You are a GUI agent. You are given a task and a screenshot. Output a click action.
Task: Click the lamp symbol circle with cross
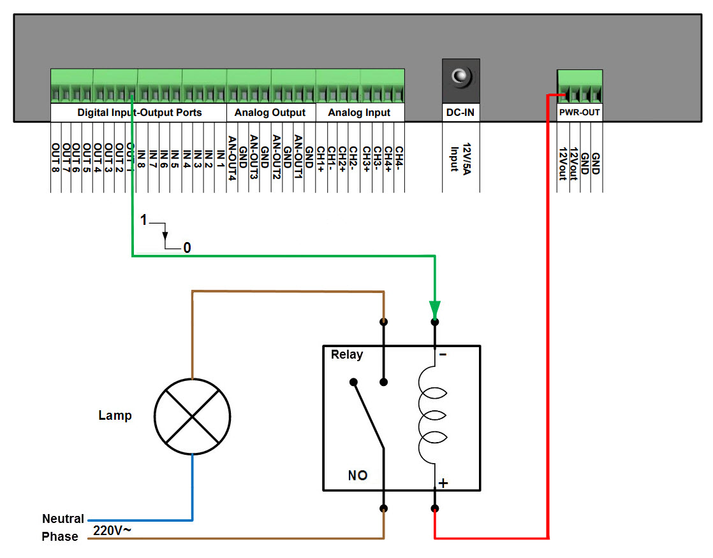[x=192, y=415]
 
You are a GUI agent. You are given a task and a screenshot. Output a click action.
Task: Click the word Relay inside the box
[x=347, y=355]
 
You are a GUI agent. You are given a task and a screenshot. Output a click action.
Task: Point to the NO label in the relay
[x=358, y=475]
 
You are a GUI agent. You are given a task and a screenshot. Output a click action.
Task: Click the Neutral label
[x=63, y=519]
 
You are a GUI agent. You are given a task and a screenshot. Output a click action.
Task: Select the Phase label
[x=60, y=536]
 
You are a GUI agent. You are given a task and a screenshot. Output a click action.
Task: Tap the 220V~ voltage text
[x=112, y=530]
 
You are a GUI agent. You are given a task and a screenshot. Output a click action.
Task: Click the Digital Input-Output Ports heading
[x=139, y=113]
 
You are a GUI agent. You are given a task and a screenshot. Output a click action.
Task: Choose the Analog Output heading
[x=270, y=113]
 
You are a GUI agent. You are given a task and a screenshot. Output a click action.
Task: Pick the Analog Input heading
[x=359, y=113]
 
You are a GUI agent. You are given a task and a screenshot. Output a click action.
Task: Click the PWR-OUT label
[x=579, y=113]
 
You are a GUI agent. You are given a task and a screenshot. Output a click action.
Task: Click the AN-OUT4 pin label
[x=232, y=158]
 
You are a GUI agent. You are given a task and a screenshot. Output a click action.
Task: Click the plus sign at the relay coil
[x=443, y=483]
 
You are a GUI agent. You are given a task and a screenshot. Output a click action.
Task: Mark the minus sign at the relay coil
[x=443, y=355]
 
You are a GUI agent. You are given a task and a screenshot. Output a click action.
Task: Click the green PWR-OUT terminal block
[x=579, y=86]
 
